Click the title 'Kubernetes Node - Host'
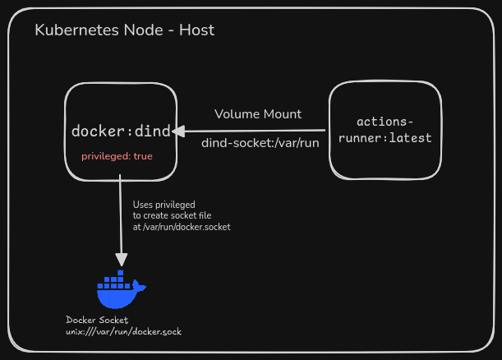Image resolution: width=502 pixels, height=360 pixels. point(125,30)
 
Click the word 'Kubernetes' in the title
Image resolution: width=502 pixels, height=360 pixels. point(77,30)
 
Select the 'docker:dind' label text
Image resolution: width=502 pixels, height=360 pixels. point(121,131)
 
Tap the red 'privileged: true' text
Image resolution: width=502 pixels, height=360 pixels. point(117,156)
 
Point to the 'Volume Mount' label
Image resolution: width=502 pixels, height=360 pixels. point(258,114)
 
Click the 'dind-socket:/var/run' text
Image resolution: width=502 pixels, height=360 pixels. point(260,143)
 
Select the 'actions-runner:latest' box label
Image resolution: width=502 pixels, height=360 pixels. point(385,130)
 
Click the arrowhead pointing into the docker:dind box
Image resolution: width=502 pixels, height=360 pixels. point(178,132)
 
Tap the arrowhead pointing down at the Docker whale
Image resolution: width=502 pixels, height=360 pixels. point(122,260)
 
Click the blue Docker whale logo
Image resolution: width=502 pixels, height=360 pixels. point(121,289)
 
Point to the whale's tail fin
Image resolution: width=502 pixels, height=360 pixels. point(140,286)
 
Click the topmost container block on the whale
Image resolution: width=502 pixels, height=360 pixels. point(121,273)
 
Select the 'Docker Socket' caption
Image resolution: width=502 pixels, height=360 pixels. point(97,320)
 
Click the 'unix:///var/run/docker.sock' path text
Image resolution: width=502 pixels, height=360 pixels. point(123,331)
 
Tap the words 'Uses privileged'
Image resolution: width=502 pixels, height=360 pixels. point(164,205)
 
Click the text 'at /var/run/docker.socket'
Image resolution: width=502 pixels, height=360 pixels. point(182,227)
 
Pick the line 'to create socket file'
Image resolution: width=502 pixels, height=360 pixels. point(172,215)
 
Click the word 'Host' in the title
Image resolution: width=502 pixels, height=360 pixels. point(196,30)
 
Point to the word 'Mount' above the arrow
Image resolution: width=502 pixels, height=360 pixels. point(283,114)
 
